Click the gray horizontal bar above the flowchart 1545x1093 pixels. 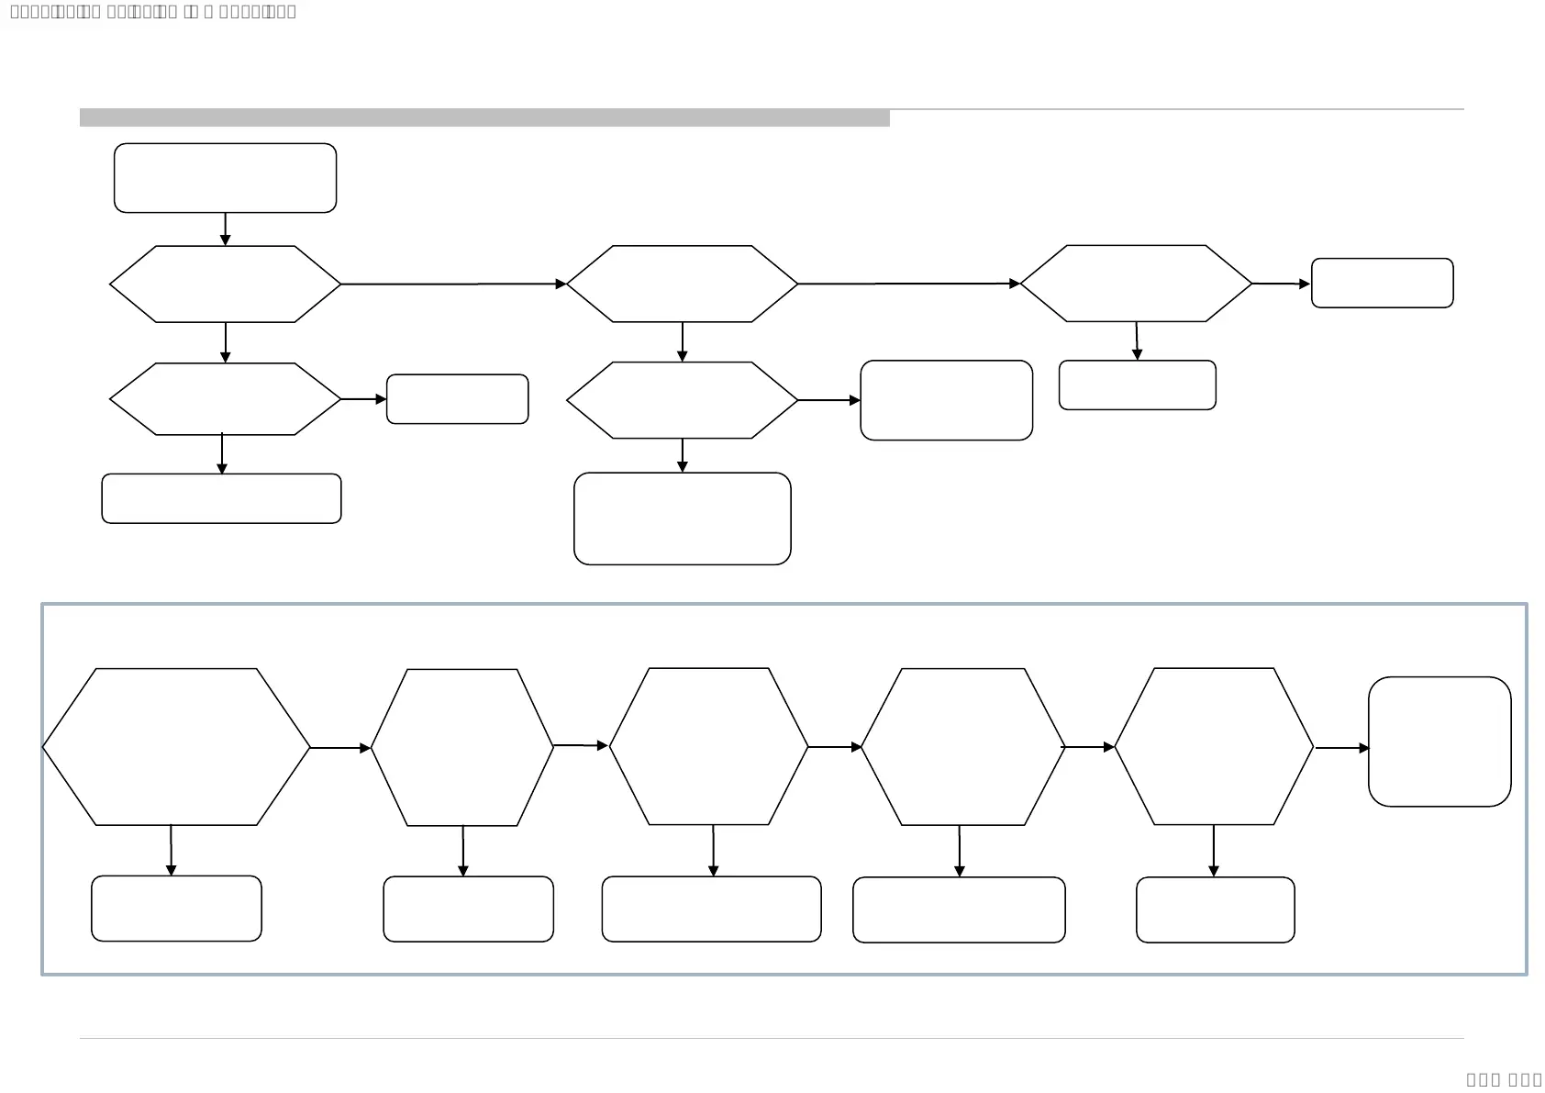484,117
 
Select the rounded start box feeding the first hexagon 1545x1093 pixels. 225,178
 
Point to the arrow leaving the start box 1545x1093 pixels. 226,229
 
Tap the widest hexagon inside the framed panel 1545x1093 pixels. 176,747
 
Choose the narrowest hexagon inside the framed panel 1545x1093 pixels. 462,747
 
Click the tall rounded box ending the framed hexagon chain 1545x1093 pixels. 1439,742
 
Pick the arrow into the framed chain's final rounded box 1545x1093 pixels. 1341,748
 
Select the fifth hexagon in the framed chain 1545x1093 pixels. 1214,746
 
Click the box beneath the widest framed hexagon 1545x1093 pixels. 176,909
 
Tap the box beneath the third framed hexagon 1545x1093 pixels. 711,909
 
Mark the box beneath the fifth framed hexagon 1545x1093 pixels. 1215,909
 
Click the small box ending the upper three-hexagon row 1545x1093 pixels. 1382,283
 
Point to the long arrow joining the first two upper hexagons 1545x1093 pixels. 453,284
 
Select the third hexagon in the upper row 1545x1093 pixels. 1136,284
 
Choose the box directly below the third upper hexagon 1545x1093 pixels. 1137,385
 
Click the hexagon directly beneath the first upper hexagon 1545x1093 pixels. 225,399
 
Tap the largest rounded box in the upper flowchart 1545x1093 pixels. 682,519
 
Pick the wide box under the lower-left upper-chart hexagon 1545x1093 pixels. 221,498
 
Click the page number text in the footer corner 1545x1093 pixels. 1504,1079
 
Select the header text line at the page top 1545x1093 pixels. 153,12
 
